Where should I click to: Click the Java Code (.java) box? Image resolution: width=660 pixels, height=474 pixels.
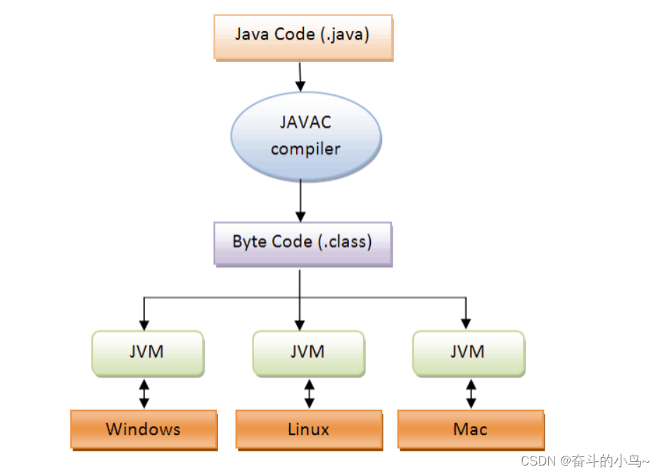click(x=302, y=35)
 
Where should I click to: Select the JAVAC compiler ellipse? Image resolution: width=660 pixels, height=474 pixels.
click(x=305, y=135)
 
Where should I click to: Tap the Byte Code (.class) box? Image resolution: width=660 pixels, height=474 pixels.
click(x=303, y=242)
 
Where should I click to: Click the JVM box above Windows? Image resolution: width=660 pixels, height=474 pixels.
click(x=147, y=351)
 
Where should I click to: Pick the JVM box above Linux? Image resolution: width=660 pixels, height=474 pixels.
click(x=307, y=351)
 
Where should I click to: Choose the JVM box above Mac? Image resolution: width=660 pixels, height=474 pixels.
click(x=468, y=351)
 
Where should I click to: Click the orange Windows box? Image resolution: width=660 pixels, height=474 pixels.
click(x=143, y=429)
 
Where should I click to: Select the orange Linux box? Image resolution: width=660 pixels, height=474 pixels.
click(x=308, y=429)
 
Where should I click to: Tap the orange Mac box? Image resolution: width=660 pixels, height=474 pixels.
click(x=470, y=429)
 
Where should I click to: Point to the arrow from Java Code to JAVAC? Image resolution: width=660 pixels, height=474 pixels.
click(x=300, y=76)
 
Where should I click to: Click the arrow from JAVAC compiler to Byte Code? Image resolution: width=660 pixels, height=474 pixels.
click(x=301, y=200)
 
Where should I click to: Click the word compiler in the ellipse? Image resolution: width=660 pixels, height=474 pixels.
click(x=305, y=149)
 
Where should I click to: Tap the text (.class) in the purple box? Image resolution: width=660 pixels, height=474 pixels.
click(x=344, y=242)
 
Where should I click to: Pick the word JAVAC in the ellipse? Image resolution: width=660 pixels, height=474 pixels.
click(x=305, y=122)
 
